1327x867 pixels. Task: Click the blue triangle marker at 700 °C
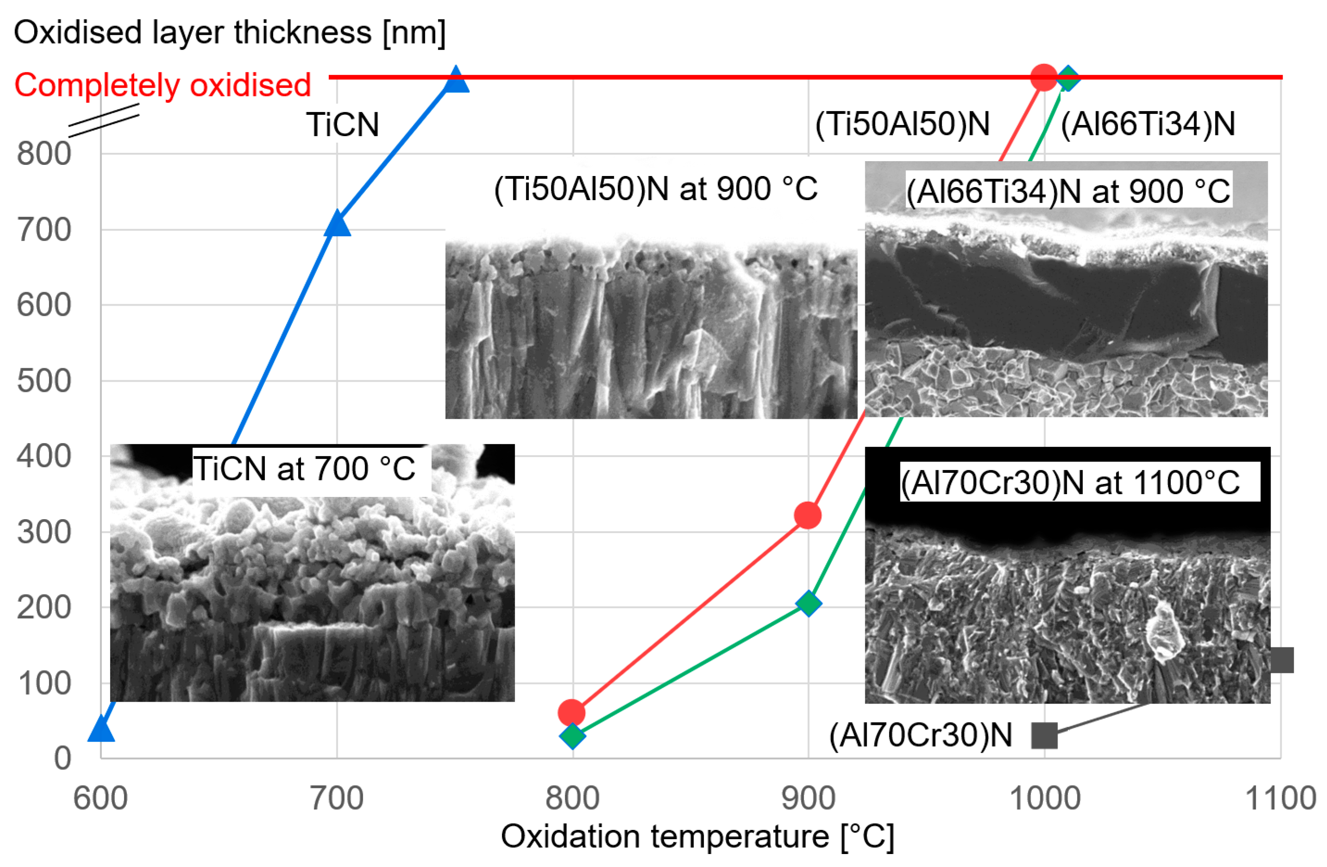pos(337,225)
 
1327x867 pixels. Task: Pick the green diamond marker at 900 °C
pos(808,603)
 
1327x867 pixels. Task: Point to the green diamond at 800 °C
pos(572,736)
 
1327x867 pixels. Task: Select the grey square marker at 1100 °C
pos(1282,660)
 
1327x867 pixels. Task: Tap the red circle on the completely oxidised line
pos(1044,77)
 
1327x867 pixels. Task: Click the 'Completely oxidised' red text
pos(162,85)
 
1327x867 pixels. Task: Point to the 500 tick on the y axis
pos(44,381)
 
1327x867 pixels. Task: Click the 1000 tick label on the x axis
pos(1045,798)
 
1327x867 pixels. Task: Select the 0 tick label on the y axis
pos(63,758)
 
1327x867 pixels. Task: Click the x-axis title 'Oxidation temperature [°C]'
pos(697,837)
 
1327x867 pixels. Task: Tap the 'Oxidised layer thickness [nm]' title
pos(230,32)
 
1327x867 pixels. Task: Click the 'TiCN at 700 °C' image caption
pos(304,468)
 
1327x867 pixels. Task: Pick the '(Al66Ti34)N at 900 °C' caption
pos(1068,191)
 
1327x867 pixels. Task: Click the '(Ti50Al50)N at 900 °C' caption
pos(656,189)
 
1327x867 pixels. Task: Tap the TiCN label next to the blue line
pos(342,124)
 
